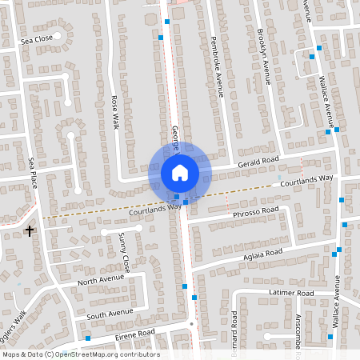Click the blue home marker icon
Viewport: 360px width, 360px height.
[180, 173]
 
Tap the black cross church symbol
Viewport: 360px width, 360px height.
[30, 231]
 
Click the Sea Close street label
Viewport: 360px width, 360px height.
[36, 38]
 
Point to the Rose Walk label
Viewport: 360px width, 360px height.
[114, 114]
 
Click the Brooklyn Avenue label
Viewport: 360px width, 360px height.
[264, 56]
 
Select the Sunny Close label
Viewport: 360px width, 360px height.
[124, 251]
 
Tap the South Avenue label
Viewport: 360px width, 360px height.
[111, 312]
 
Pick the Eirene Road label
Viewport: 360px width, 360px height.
[135, 333]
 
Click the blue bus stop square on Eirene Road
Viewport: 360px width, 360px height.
[88, 338]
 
